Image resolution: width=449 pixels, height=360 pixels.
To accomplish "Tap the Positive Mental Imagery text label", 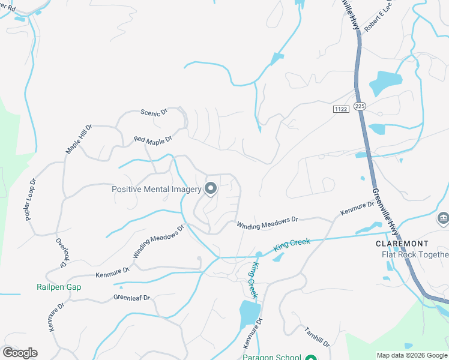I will [x=156, y=190].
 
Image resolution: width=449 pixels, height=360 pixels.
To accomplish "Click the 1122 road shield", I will [x=340, y=108].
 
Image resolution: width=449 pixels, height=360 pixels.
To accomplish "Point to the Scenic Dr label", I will [x=154, y=112].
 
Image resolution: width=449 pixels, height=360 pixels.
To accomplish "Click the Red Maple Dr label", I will [x=152, y=140].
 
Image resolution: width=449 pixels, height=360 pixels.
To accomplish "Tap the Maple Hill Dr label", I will [x=79, y=140].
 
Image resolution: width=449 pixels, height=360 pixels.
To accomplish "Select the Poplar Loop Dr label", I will [x=31, y=199].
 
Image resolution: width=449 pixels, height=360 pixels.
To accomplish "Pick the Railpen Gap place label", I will [x=58, y=287].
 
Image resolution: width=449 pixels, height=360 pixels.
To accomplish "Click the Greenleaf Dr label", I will [x=131, y=298].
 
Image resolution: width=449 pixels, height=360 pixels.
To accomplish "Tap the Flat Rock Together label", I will [x=415, y=254].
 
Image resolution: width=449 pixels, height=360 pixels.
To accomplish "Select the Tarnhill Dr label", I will [x=316, y=337].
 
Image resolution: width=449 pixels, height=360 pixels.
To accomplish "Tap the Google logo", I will [x=20, y=353].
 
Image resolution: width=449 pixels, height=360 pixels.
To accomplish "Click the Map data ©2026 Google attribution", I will [x=411, y=355].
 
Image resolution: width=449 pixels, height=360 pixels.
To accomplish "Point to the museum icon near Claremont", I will [x=443, y=217].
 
